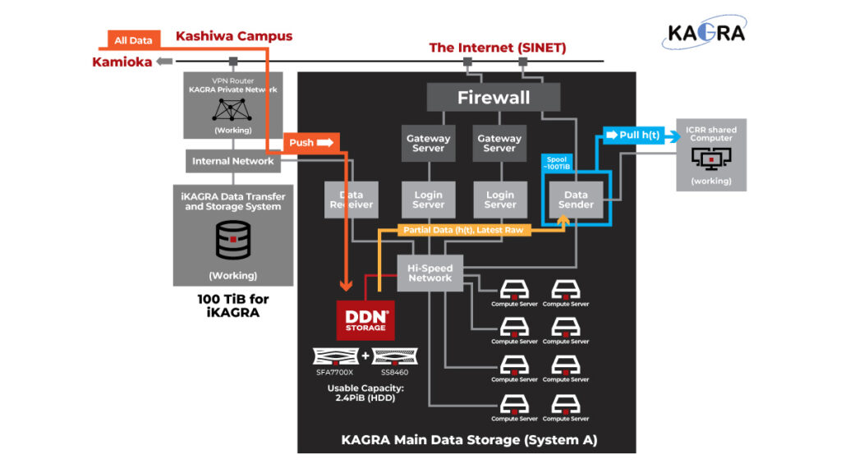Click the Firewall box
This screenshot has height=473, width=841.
coord(493,98)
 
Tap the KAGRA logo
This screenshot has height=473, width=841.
coord(706,33)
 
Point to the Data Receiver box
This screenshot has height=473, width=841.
coord(351,200)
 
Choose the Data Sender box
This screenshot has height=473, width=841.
coord(576,200)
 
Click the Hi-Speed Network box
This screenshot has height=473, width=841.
coord(430,273)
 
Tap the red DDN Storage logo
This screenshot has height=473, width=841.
coord(365,319)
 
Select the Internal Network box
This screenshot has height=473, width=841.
coord(233,161)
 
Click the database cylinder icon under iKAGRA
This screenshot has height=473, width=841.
coord(232,240)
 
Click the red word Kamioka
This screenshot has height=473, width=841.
coord(122,62)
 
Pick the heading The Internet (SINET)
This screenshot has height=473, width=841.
coord(498,48)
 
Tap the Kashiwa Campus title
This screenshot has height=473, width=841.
coord(234,36)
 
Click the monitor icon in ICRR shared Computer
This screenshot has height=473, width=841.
coord(711,158)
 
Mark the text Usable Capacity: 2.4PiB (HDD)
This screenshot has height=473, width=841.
coord(365,393)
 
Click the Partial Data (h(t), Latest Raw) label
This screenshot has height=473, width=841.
coord(462,230)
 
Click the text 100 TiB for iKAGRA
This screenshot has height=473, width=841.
coord(233,305)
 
